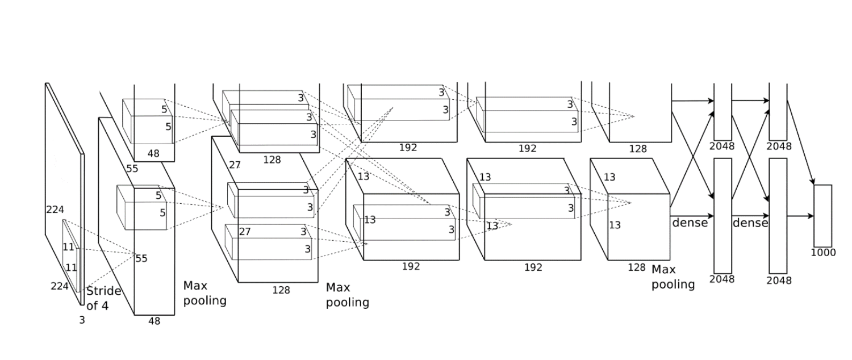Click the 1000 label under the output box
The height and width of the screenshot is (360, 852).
(x=823, y=253)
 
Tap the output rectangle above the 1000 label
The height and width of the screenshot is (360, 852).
(x=822, y=216)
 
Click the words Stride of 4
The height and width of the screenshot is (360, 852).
(x=103, y=299)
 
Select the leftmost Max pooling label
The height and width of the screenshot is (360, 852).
(x=204, y=293)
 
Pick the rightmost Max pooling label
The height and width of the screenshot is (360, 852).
(x=673, y=277)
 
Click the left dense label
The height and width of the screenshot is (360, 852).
(x=690, y=223)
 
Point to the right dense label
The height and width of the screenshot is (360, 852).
(x=750, y=223)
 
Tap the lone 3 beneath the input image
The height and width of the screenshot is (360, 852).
(x=82, y=320)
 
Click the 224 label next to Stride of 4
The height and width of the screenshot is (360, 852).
(x=60, y=286)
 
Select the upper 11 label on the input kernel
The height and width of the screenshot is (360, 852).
(x=69, y=247)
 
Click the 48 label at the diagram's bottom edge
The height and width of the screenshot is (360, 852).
(x=154, y=321)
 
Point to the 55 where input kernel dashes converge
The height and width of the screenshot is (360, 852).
(x=141, y=258)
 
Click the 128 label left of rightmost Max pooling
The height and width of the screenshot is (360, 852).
(x=636, y=267)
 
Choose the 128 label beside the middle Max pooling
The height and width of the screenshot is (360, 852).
(x=281, y=290)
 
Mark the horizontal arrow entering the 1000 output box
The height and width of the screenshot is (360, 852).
(x=800, y=216)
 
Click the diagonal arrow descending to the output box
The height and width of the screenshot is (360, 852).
(x=801, y=143)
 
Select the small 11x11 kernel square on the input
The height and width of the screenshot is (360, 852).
(x=72, y=256)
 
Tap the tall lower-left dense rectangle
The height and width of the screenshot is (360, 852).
(x=722, y=216)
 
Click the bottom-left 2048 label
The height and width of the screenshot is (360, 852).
(x=722, y=279)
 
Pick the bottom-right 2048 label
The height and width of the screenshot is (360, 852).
(x=779, y=281)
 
